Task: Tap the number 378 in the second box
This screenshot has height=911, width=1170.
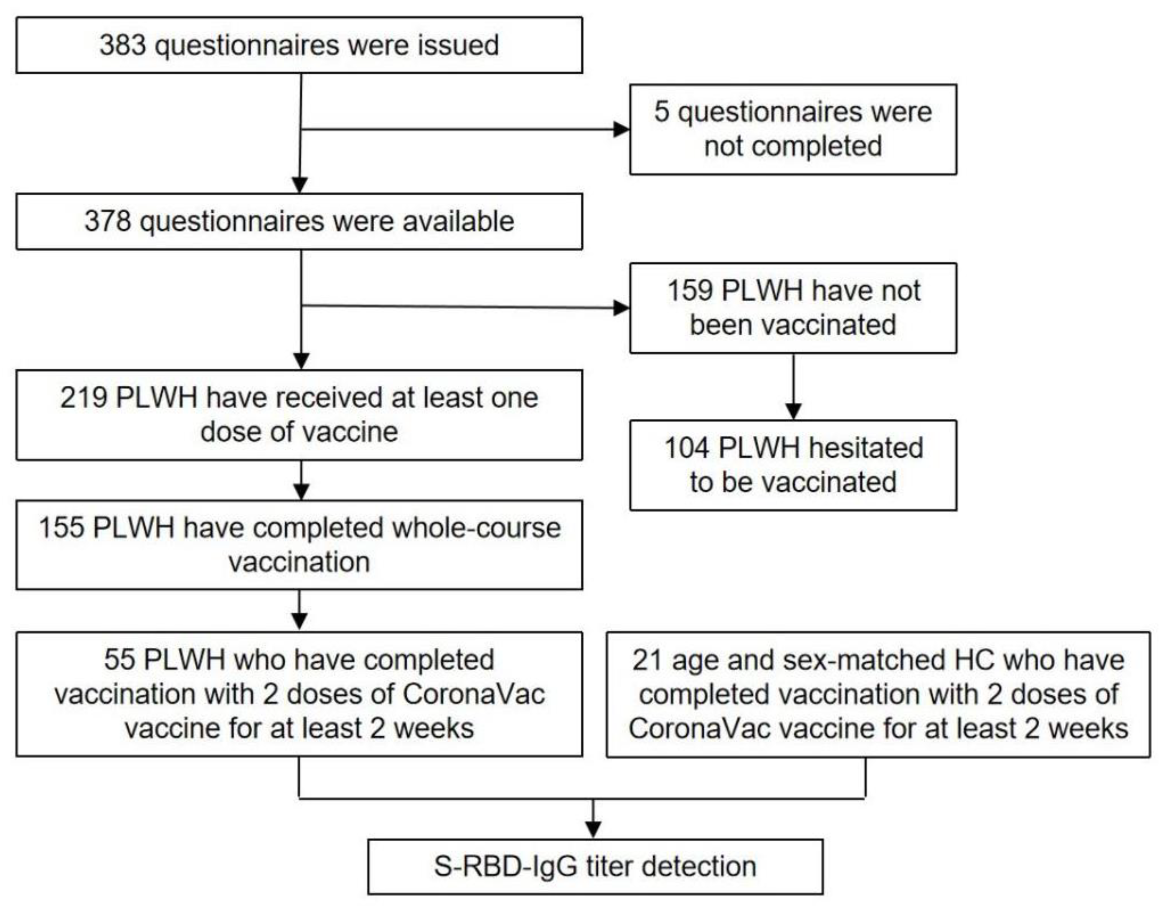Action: coord(107,221)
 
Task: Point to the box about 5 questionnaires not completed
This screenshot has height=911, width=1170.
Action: coord(793,129)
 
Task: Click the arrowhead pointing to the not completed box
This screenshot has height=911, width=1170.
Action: coord(622,129)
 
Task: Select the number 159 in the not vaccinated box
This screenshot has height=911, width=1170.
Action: coord(690,291)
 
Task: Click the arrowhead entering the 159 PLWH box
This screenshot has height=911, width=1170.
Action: coord(622,308)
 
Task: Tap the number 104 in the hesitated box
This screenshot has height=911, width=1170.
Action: coord(687,448)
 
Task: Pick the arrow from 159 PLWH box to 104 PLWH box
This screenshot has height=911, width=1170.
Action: coord(793,386)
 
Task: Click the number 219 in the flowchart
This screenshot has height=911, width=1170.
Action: coord(83,398)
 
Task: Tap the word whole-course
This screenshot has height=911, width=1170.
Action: coord(476,528)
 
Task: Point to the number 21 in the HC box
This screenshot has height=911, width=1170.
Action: coord(647,660)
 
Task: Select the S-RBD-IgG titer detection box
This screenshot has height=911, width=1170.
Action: coord(595,867)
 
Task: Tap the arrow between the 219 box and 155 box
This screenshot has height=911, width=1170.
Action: coord(302,481)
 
